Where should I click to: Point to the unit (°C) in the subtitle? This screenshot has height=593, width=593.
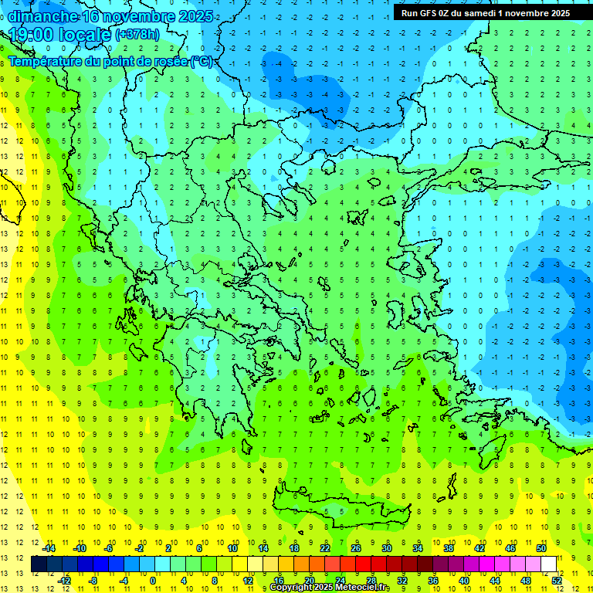coord(201,61)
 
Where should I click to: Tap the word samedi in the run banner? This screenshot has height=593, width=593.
coord(479,12)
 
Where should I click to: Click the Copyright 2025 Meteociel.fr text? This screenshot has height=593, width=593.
coord(329,588)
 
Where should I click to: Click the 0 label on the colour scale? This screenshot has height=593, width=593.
coord(153,581)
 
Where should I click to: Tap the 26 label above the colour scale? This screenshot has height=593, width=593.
coord(356,548)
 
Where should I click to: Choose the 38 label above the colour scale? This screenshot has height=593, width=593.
coord(449,548)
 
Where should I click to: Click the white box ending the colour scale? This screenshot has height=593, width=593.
coord(549,564)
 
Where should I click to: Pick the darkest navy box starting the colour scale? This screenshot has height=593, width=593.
coord(39,564)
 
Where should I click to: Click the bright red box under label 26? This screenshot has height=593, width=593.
coord(363,564)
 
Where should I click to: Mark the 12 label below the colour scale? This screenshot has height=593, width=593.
coord(248,581)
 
